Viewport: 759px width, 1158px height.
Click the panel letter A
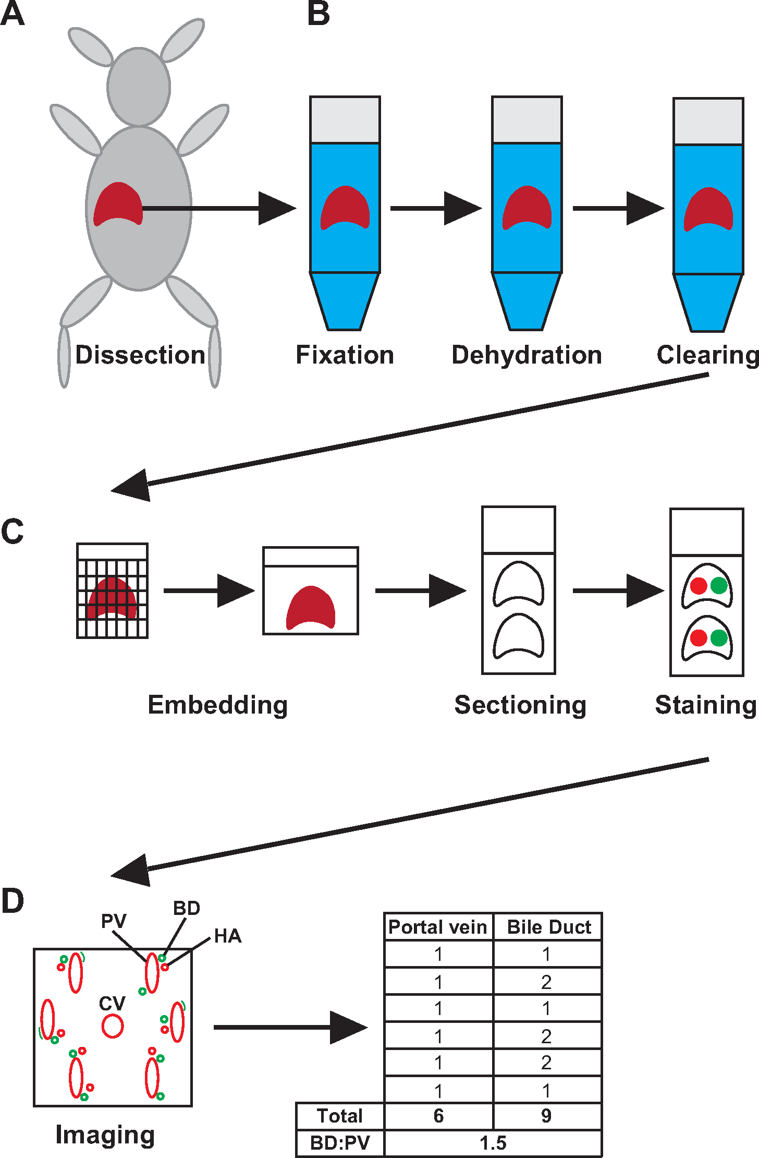[x=13, y=14]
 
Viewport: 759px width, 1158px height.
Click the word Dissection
[x=140, y=355]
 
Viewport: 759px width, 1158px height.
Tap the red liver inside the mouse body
[x=118, y=203]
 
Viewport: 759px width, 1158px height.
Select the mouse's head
[x=139, y=87]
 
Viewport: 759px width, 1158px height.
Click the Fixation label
[x=345, y=355]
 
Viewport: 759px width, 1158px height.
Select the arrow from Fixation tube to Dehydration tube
[x=435, y=209]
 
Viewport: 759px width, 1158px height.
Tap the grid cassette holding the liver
[x=113, y=591]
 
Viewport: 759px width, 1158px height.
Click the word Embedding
[x=218, y=705]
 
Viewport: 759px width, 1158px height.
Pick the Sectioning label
[x=520, y=705]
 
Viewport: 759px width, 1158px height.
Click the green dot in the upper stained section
[x=719, y=585]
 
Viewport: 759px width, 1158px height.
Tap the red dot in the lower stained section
[x=699, y=637]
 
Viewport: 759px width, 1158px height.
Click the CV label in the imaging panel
[x=112, y=1004]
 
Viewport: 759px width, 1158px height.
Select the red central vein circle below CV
[x=113, y=1026]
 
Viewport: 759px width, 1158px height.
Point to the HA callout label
[x=228, y=936]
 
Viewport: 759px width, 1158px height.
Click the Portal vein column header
[x=438, y=927]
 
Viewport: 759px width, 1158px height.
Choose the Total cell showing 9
[x=546, y=1116]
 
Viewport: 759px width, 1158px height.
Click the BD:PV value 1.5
[x=493, y=1143]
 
